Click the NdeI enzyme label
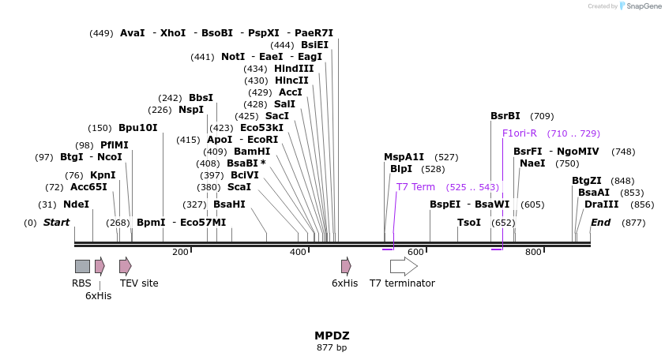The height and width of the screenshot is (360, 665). point(76,204)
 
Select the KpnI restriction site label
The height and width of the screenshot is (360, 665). point(102,174)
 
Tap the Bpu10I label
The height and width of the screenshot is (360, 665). point(137,127)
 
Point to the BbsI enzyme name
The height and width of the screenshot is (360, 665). point(201,97)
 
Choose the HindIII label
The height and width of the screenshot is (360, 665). point(294,69)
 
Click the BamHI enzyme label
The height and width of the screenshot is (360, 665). point(252,151)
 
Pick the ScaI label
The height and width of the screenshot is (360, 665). point(239,187)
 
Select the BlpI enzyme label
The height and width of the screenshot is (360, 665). point(400,168)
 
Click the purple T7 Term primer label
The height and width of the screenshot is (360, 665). point(415,187)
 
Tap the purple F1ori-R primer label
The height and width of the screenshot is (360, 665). point(520,133)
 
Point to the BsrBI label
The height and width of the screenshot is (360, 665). point(505,115)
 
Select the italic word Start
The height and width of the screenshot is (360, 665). point(56,223)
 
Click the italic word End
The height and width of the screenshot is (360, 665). point(600,223)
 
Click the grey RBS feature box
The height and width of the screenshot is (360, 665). point(82,266)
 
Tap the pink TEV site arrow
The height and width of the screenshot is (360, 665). point(126,266)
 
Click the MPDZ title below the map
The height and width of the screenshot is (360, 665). point(332,335)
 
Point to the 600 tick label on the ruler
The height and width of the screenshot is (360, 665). point(415,252)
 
